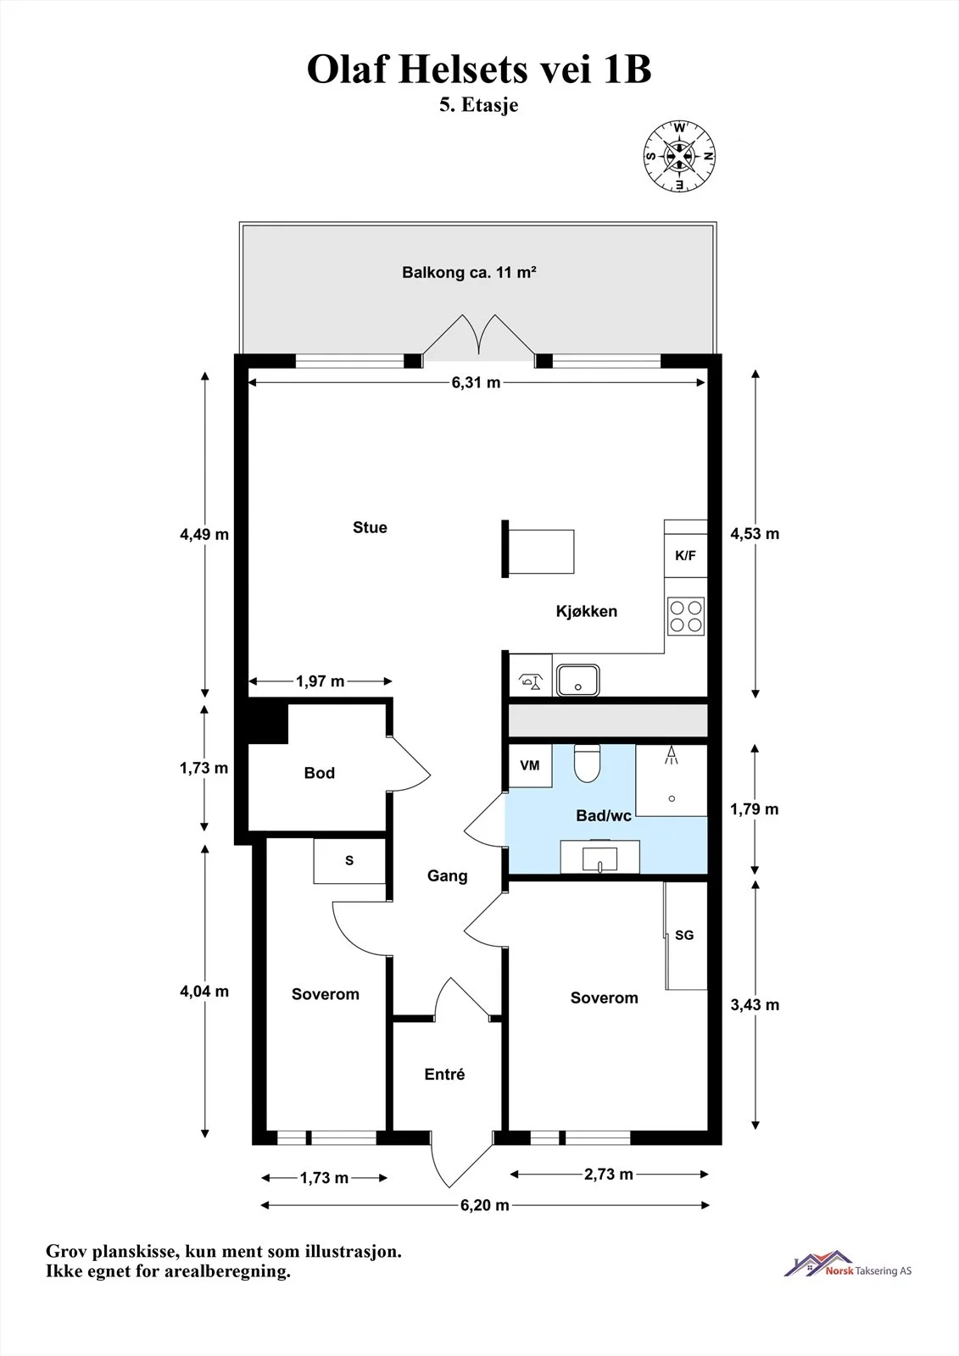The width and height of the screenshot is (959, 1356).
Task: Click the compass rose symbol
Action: pyautogui.click(x=679, y=156)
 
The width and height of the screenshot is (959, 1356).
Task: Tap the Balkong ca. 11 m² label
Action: pyautogui.click(x=469, y=272)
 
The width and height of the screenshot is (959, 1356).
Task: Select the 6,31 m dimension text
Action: pyautogui.click(x=477, y=382)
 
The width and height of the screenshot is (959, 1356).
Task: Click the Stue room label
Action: pyautogui.click(x=370, y=527)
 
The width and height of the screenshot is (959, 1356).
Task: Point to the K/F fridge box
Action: pyautogui.click(x=686, y=556)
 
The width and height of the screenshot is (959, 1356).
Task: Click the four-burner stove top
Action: pyautogui.click(x=686, y=616)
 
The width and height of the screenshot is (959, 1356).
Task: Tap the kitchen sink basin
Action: pyautogui.click(x=578, y=680)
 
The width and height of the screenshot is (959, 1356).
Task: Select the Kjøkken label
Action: pyautogui.click(x=587, y=611)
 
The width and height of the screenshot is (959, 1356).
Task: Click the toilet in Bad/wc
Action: pyautogui.click(x=587, y=763)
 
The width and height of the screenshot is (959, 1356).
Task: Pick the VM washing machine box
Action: pyautogui.click(x=530, y=766)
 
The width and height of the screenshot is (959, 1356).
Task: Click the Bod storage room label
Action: pyautogui.click(x=320, y=773)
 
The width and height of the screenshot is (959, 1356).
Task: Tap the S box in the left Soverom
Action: pyautogui.click(x=349, y=861)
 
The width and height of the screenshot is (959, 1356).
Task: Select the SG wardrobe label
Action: pyautogui.click(x=684, y=936)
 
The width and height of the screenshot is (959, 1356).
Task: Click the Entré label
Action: pyautogui.click(x=444, y=1074)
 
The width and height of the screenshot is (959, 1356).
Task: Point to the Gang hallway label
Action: pyautogui.click(x=447, y=876)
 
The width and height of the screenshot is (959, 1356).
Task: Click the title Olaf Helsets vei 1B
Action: pyautogui.click(x=479, y=69)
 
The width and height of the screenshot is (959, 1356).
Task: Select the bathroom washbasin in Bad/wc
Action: pyautogui.click(x=599, y=857)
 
